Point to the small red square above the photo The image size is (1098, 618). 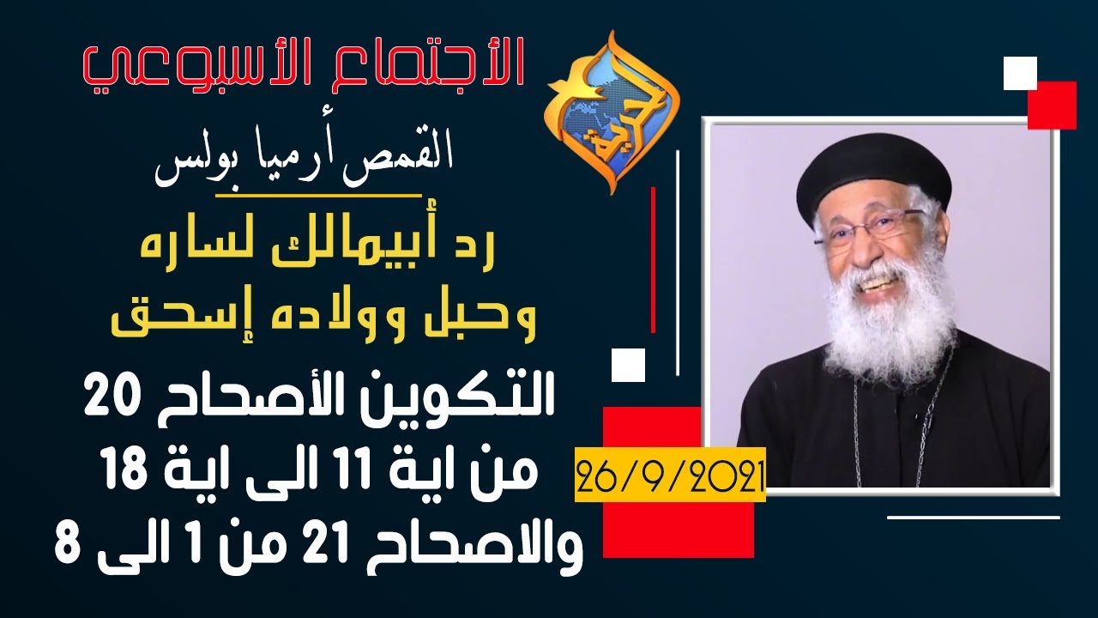pos(1052,105)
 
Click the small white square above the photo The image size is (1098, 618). pos(1020,73)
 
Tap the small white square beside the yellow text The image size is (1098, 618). pos(628,365)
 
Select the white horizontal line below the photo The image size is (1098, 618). pos(973,518)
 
